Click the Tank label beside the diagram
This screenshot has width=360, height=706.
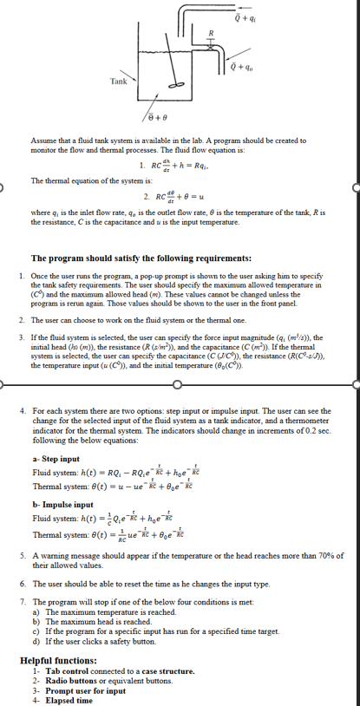pos(118,81)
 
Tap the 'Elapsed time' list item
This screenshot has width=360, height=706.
pos(69,700)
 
